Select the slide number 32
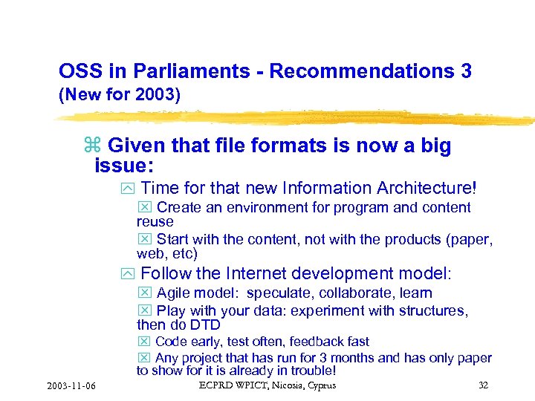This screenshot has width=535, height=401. tap(483, 385)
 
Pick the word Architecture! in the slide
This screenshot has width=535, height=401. tap(429, 189)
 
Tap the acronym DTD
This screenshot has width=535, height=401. tap(204, 325)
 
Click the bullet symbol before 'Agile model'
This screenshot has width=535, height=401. tap(144, 293)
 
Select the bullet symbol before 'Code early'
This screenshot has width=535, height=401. tap(144, 342)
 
